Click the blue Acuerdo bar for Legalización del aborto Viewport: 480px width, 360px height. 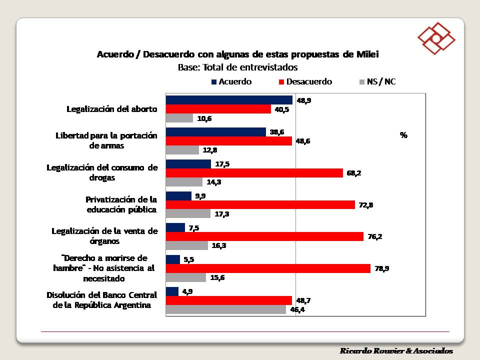[x=229, y=100]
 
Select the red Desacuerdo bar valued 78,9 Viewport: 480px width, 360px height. [x=268, y=268]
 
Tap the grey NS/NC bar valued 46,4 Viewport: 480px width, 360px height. [x=225, y=309]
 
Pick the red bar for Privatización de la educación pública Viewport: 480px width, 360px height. [x=260, y=205]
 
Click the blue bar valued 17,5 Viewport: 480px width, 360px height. [x=188, y=164]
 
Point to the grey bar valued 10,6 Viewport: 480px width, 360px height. [x=179, y=118]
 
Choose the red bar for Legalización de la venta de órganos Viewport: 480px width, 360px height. [x=264, y=236]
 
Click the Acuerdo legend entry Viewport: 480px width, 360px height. [x=231, y=81]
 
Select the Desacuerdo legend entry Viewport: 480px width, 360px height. [x=304, y=81]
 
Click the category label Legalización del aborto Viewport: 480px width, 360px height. [x=112, y=109]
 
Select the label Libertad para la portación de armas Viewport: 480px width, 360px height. [x=106, y=140]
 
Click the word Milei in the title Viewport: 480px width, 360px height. [x=368, y=54]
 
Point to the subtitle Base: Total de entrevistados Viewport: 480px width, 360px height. [x=238, y=67]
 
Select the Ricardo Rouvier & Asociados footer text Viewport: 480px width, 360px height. [x=396, y=350]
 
